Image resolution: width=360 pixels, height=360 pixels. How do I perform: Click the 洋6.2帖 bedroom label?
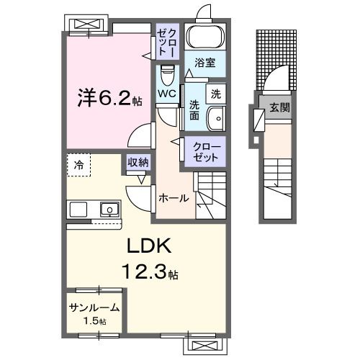point(109,98)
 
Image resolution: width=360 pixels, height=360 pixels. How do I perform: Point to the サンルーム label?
point(94,307)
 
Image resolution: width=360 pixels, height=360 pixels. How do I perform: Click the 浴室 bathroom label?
point(204,63)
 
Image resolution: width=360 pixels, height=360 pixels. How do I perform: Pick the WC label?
point(167,94)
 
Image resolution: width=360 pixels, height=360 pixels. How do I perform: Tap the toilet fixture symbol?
point(168,74)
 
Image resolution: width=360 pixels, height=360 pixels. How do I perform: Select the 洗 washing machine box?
point(215,92)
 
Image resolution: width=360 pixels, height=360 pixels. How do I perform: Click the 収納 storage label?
point(138,163)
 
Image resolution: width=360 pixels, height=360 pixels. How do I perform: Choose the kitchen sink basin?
point(110,210)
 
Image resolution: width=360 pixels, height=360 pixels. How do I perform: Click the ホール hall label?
point(174,198)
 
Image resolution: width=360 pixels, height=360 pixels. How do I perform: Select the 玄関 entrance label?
point(279,109)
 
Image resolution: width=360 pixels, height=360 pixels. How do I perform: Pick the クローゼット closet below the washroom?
point(207,151)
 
